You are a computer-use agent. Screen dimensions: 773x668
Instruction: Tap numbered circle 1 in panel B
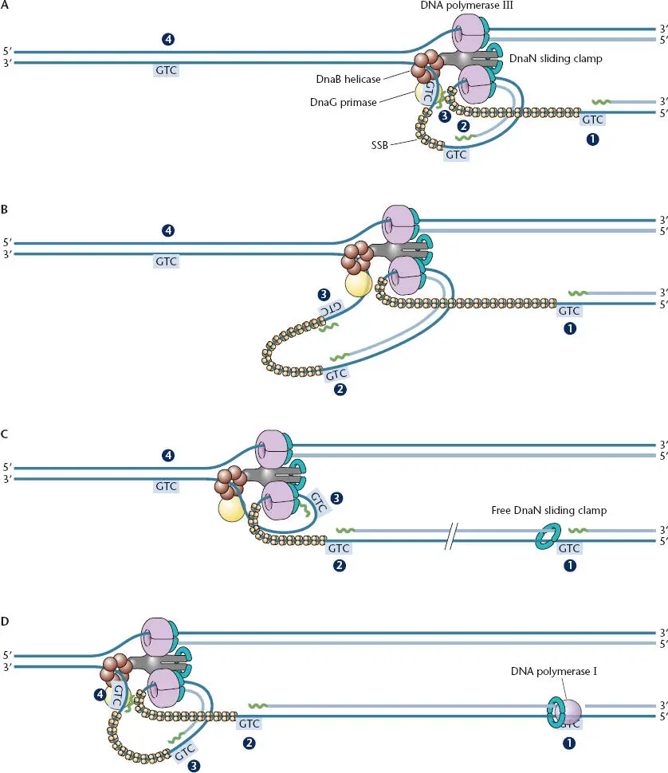569,327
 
